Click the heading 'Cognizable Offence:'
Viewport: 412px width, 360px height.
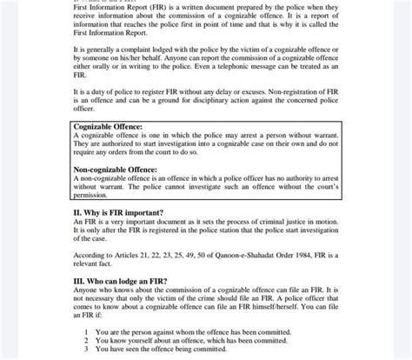coord(110,127)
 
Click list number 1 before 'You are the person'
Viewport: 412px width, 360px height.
coord(86,331)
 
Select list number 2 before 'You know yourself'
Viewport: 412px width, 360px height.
coord(86,340)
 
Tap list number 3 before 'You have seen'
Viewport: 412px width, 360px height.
coord(86,349)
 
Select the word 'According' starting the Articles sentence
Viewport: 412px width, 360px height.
coord(90,254)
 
